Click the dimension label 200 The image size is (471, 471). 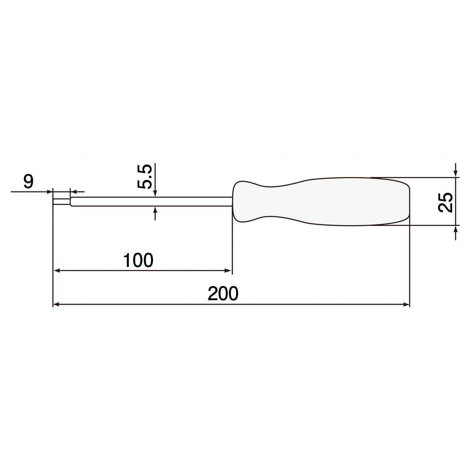[223, 294]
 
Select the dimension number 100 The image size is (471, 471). [138, 260]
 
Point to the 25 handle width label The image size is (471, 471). [445, 202]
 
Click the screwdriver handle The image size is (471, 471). [321, 202]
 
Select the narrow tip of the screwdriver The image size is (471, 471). [62, 202]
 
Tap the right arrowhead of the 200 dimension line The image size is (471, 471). [407, 304]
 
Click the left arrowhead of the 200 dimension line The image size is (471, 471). [56, 304]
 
